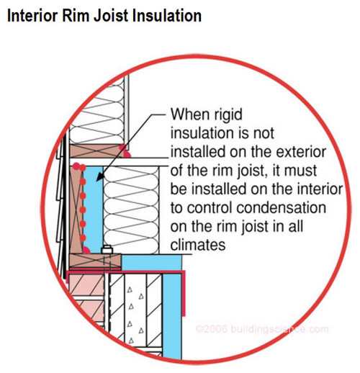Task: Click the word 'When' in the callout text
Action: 189,114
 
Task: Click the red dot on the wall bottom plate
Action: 125,153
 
